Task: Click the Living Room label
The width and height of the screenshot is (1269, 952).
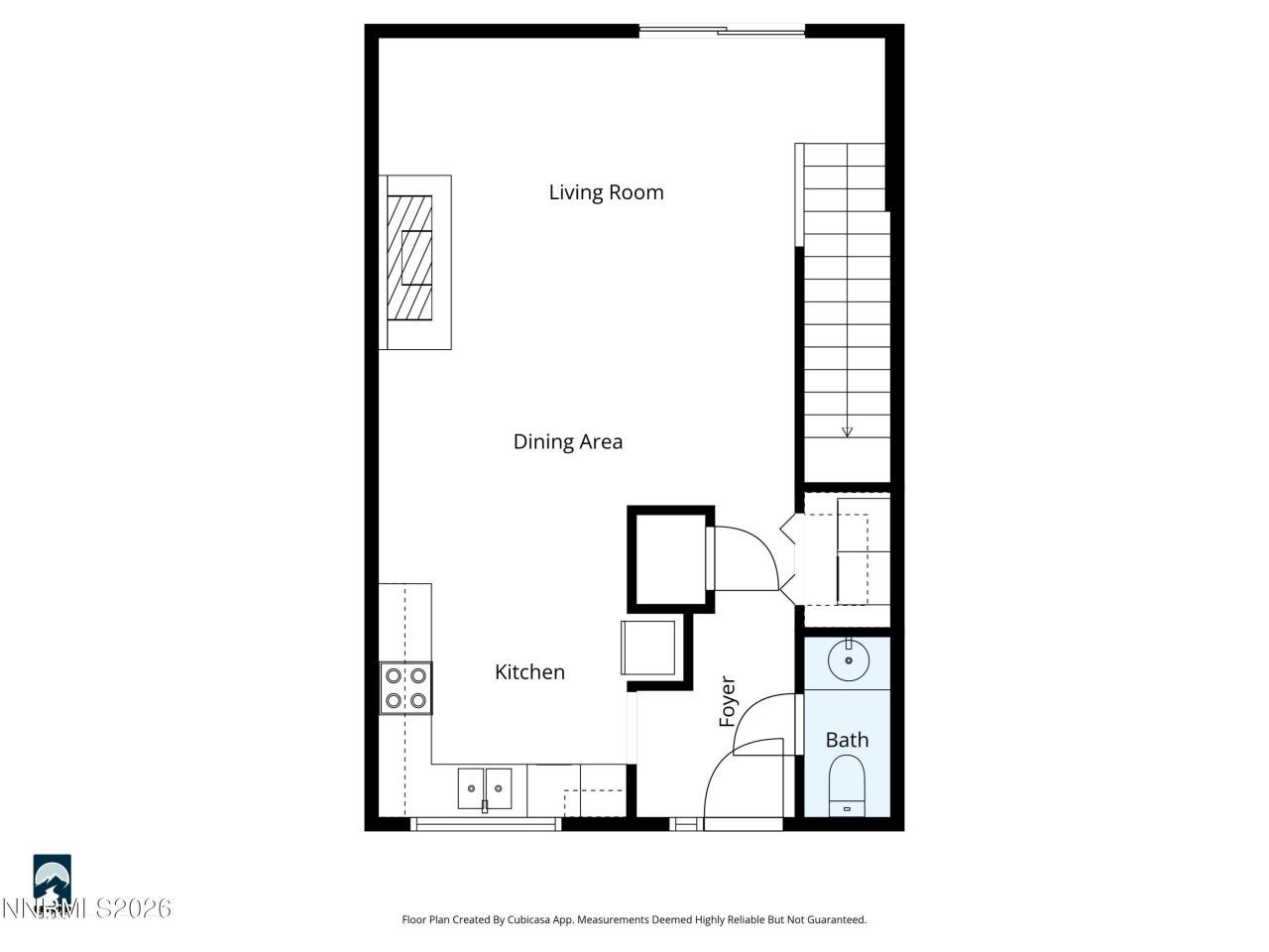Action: coord(606,192)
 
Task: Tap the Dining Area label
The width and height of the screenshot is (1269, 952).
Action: coord(567,441)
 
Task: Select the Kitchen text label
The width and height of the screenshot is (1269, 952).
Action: coord(529,672)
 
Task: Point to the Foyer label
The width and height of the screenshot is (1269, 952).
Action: coord(728,701)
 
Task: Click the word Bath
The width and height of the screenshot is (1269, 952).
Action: coord(847,740)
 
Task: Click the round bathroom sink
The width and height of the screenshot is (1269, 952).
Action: coord(849,660)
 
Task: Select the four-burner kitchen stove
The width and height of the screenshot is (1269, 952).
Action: coord(406,688)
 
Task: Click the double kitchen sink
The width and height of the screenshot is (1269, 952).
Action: coord(485,788)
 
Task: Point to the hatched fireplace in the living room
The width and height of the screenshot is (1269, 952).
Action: coord(410,258)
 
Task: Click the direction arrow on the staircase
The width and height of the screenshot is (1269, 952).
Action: coord(847,431)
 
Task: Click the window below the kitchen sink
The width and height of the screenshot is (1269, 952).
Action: coord(486,822)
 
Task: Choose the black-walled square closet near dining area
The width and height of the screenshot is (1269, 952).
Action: coord(669,559)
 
